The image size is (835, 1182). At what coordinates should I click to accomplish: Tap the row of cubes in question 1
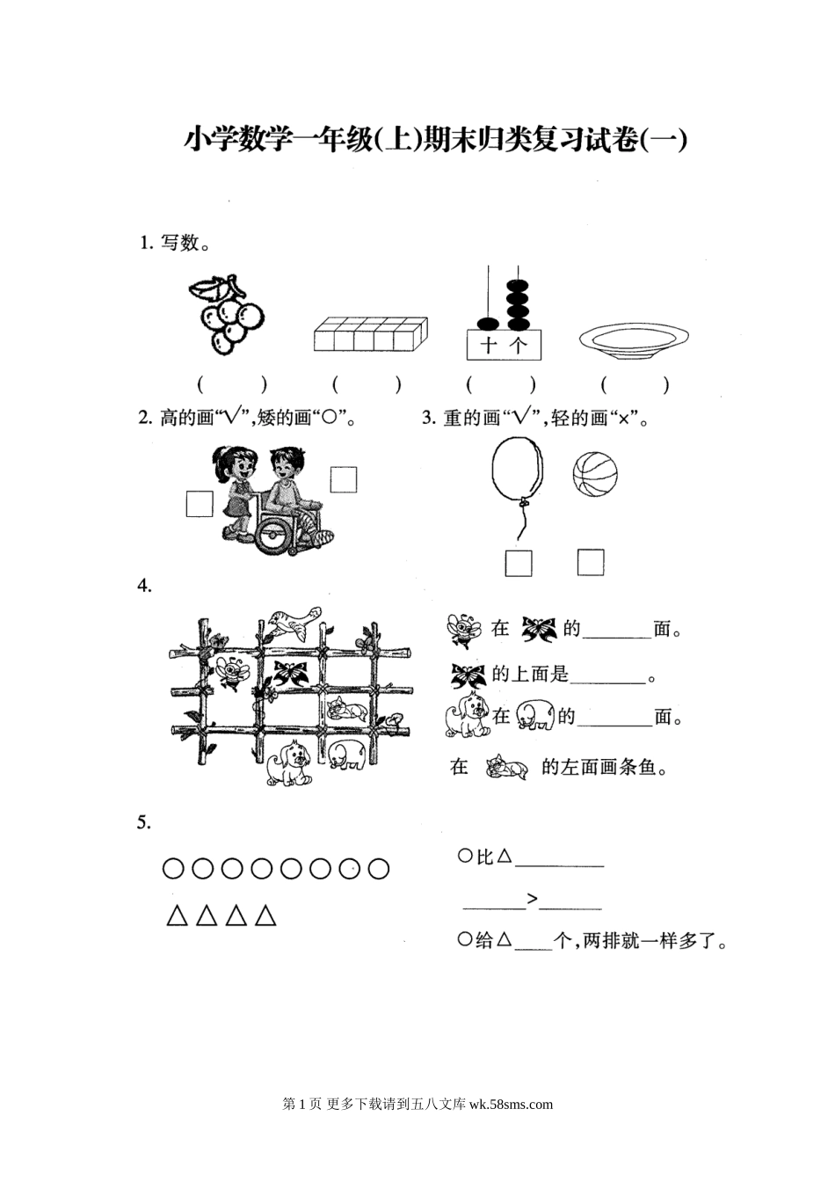(370, 334)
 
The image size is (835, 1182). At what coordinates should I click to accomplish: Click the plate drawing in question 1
(634, 341)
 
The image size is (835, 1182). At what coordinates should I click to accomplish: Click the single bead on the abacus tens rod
(489, 323)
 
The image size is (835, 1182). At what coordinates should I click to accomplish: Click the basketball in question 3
(595, 474)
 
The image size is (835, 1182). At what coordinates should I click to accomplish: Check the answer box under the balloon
(518, 563)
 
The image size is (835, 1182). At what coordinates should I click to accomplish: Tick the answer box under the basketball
(591, 562)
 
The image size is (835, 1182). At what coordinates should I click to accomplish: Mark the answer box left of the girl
(200, 504)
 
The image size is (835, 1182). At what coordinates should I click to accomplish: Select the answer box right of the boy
(344, 479)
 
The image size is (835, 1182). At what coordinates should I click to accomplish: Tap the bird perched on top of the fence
(294, 624)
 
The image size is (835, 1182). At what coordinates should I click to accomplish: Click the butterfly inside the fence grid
(290, 674)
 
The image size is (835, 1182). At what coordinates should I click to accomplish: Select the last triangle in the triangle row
(265, 916)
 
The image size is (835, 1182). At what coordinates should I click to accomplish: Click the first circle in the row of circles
(173, 869)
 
